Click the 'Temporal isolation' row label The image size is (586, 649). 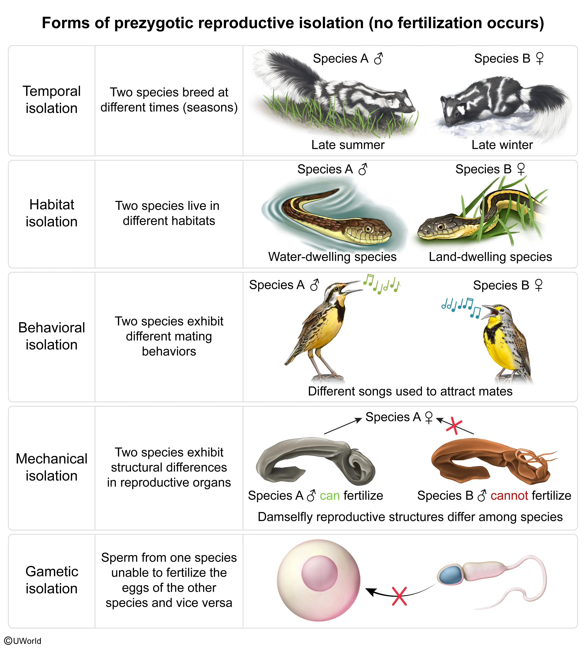pyautogui.click(x=51, y=100)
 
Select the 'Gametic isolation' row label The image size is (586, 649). pyautogui.click(x=51, y=580)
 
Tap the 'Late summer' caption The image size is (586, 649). pyautogui.click(x=348, y=145)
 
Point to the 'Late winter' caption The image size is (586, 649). pyautogui.click(x=502, y=145)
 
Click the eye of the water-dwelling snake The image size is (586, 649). pyautogui.click(x=368, y=229)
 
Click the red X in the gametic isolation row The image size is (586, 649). pyautogui.click(x=399, y=596)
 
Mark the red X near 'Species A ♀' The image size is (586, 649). pyautogui.click(x=454, y=425)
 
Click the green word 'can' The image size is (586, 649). pyautogui.click(x=330, y=495)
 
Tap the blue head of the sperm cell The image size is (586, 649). pyautogui.click(x=450, y=575)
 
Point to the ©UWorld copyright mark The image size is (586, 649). pyautogui.click(x=22, y=641)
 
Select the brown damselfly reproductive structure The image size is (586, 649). pyautogui.click(x=489, y=460)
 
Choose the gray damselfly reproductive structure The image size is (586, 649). pyautogui.click(x=316, y=460)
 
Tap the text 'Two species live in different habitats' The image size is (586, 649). pyautogui.click(x=169, y=213)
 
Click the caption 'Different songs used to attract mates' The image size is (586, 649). pyautogui.click(x=410, y=391)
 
